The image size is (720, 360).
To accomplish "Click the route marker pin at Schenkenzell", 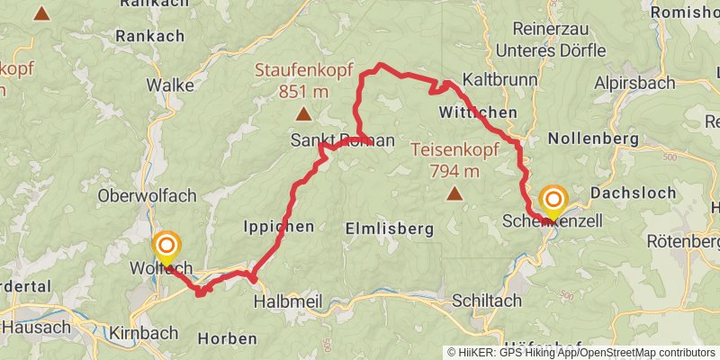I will coord(552,201).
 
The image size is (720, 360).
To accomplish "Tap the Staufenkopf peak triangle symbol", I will coord(303,114).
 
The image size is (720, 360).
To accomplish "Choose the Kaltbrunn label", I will coord(499,80).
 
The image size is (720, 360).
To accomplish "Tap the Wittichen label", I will coord(478,112).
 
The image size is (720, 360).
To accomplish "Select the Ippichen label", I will coord(279,227).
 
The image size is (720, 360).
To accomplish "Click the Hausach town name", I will coord(35,327).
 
